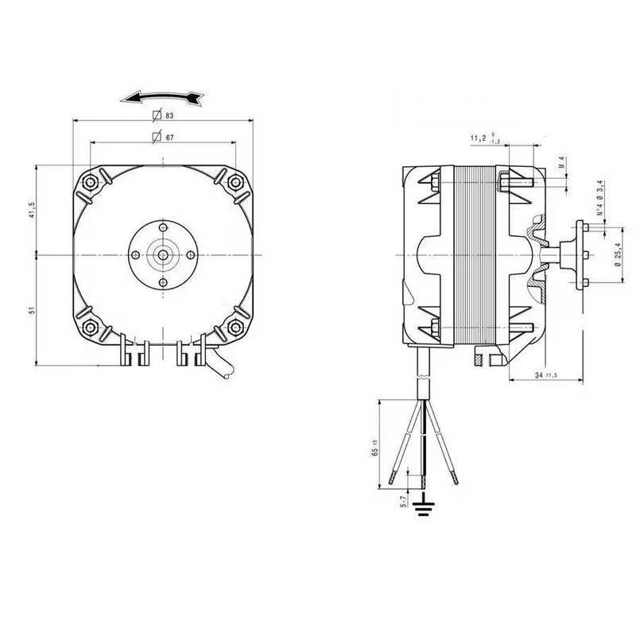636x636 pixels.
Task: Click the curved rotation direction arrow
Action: tap(164, 97)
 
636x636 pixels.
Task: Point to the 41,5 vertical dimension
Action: tap(31, 211)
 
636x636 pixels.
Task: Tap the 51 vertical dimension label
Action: tap(31, 308)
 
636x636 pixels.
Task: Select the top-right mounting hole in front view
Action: tap(235, 182)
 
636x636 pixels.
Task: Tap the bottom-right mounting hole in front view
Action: tap(235, 326)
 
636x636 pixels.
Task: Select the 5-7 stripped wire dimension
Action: tap(404, 499)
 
